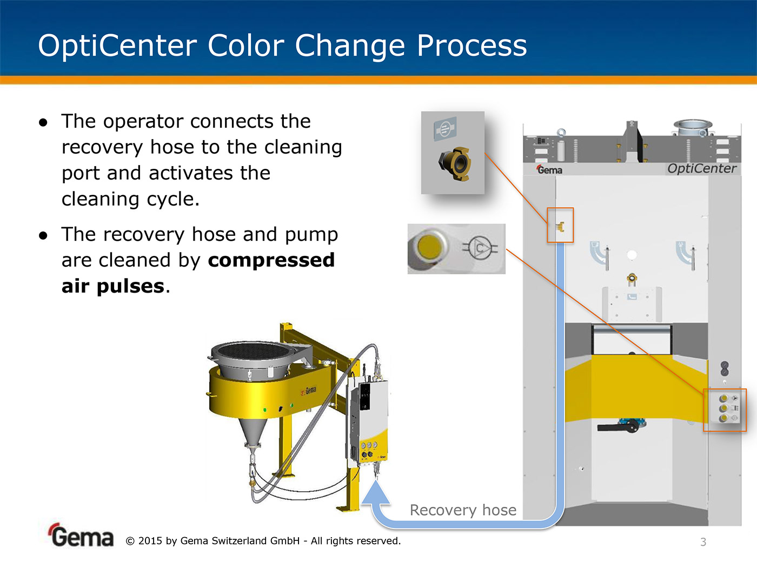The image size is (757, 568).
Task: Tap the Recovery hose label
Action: (x=463, y=510)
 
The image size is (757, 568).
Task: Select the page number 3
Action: (x=703, y=542)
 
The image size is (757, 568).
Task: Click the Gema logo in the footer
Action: (x=81, y=535)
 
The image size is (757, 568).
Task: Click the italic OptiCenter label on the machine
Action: (x=701, y=169)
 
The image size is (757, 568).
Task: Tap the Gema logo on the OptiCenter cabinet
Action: (x=549, y=170)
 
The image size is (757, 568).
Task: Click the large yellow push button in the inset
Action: (x=429, y=246)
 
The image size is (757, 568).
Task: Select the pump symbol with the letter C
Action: (x=480, y=248)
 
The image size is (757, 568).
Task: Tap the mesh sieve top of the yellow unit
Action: (x=254, y=352)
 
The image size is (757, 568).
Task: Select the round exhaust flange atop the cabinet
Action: (x=693, y=127)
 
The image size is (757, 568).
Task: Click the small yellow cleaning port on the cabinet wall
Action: (x=560, y=226)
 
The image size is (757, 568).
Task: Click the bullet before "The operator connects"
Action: (x=43, y=122)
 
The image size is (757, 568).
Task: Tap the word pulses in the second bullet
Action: (x=130, y=287)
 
